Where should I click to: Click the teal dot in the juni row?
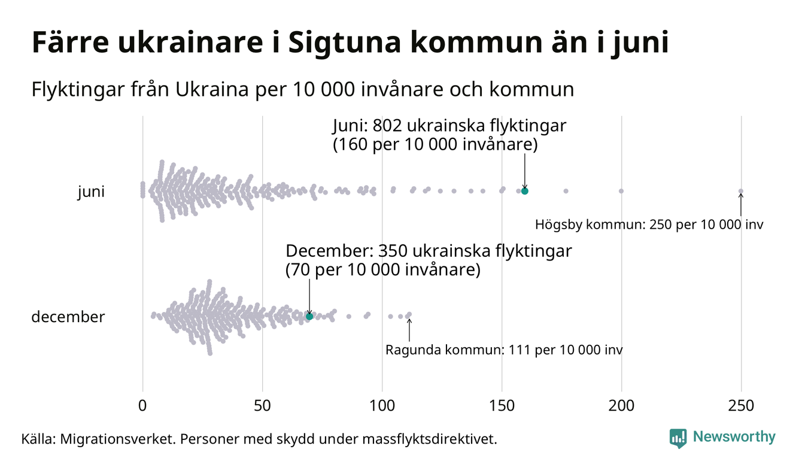tap(525, 191)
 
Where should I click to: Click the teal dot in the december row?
tap(309, 316)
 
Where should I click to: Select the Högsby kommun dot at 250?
tap(741, 192)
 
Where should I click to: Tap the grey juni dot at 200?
tap(621, 191)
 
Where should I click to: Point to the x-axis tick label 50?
tap(262, 406)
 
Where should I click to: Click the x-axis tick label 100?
tap(382, 406)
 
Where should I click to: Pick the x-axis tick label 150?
tap(502, 406)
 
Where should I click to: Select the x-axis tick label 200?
tap(621, 406)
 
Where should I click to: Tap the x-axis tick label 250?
tap(741, 406)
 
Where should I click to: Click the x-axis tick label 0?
tap(142, 406)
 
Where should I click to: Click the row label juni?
tap(91, 192)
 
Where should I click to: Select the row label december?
tap(68, 317)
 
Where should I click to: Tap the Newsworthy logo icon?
tap(678, 438)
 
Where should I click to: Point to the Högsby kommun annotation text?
tap(649, 225)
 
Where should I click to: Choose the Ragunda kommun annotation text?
tap(504, 350)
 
